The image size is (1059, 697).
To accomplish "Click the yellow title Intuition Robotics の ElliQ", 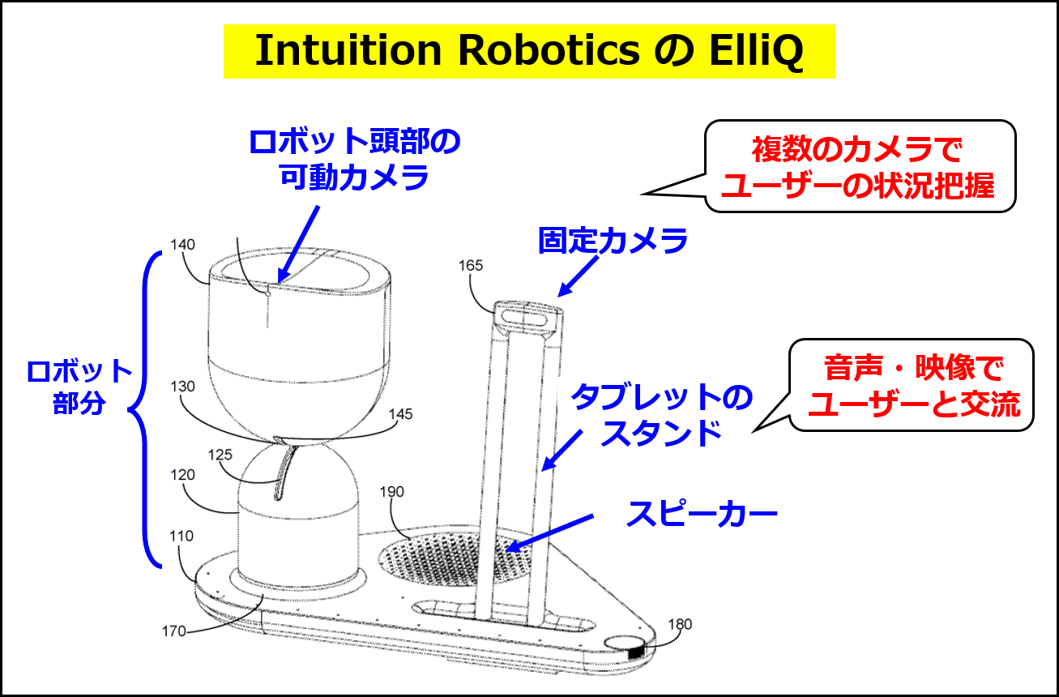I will point(529,51).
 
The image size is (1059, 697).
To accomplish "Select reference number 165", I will point(471,265).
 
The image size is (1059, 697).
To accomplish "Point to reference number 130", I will point(182,387).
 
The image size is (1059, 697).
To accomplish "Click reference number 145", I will point(399,414).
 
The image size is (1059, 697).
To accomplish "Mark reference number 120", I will point(182,475).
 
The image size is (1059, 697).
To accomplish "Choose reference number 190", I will point(391,492).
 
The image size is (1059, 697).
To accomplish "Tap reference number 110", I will point(182,536).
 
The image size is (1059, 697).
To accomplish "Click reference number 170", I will point(174,630).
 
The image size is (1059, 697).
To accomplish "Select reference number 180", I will point(680,624).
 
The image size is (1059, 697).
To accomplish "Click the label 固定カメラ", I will point(613,242).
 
